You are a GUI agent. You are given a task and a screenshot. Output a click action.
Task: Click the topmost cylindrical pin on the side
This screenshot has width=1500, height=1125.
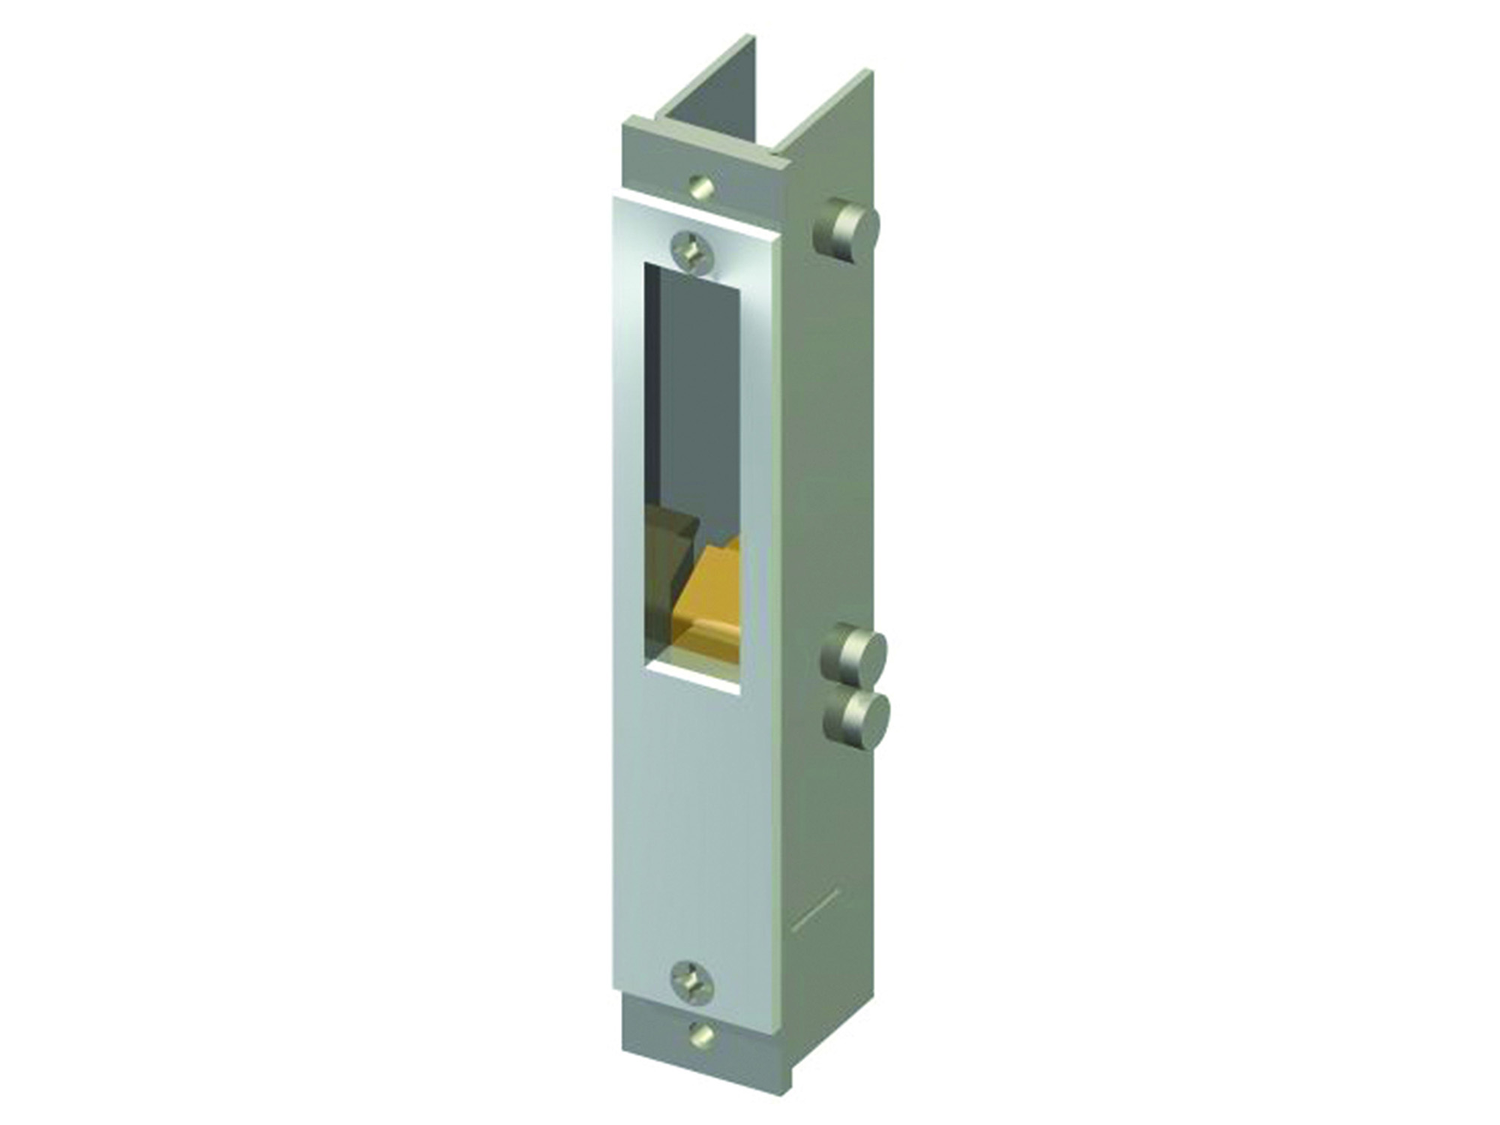point(848,233)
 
